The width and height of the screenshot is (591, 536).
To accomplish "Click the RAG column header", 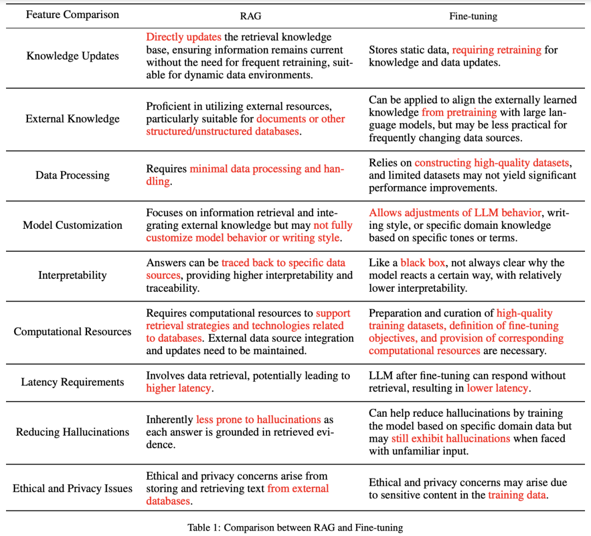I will pos(250,16).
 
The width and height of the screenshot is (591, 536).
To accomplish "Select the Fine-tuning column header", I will pos(473,16).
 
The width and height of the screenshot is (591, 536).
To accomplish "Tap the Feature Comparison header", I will pos(72,15).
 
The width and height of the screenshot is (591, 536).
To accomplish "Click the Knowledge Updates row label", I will pos(72,56).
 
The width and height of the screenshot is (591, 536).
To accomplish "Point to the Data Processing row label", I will pos(72,175).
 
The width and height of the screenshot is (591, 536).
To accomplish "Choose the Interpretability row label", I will pos(72,275).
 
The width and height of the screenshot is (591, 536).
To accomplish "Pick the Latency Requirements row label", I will pos(72,382).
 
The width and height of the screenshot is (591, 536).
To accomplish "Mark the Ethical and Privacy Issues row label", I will pos(72,488).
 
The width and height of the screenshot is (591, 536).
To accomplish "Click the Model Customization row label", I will pos(72,225).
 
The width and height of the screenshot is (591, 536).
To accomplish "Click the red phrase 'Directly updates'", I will pos(183,37).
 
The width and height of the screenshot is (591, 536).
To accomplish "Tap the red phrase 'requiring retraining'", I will pos(497,50).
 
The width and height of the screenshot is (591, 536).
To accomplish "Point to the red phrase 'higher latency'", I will pos(178,388).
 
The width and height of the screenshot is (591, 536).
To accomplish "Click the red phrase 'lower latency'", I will pos(497,388).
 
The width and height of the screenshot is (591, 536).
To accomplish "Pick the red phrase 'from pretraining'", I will pos(459,112).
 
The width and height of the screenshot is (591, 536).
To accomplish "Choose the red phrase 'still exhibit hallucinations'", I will pos(450,438).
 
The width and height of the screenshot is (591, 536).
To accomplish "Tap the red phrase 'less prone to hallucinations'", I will pos(258,419).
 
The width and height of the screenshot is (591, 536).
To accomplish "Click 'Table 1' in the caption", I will pos(204,528).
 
